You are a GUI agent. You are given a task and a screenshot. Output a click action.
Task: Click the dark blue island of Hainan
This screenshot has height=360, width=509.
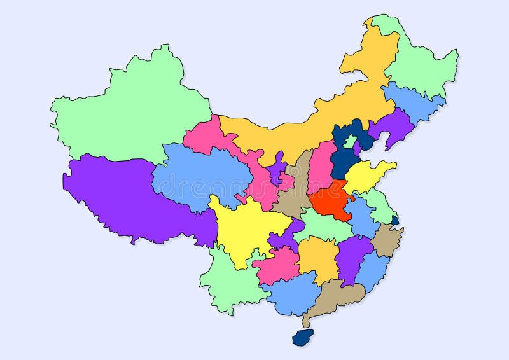[x=301, y=337]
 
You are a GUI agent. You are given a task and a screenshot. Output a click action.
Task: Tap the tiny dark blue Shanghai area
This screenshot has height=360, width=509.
[x=395, y=220]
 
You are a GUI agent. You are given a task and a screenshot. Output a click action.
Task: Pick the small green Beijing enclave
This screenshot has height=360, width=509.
[x=349, y=141]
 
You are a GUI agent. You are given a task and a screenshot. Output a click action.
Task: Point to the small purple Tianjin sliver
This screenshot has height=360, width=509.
[x=358, y=149]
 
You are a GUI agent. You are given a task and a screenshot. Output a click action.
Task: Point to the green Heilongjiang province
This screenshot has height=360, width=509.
[x=423, y=64]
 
